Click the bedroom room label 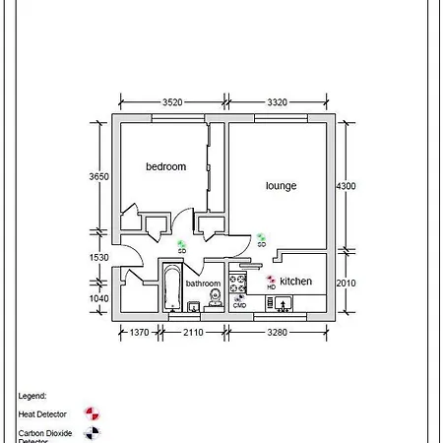(x=165, y=167)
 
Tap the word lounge (x=281, y=185)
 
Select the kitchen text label (x=295, y=282)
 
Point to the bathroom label (x=204, y=284)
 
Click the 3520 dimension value (x=172, y=101)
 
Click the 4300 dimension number (x=346, y=186)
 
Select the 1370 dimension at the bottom (x=139, y=333)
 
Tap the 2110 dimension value (x=193, y=333)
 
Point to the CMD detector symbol (x=239, y=298)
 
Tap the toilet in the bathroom (x=214, y=296)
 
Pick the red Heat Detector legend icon (x=92, y=412)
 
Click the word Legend (x=32, y=395)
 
